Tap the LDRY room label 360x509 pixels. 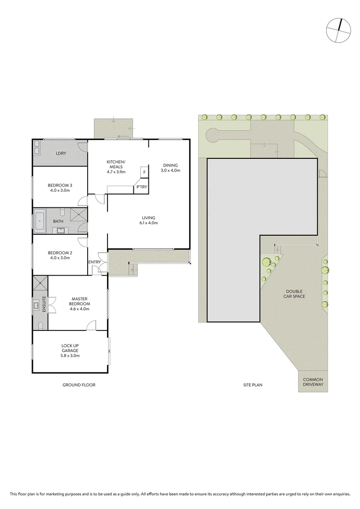pos(60,153)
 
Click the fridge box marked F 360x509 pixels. pos(145,172)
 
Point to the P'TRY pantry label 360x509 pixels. pos(141,187)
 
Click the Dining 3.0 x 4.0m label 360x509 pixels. pos(170,168)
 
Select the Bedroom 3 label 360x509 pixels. pos(60,188)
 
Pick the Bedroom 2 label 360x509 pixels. pos(60,255)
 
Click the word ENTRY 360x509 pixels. pos(95,262)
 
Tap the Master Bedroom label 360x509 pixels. pos(80,301)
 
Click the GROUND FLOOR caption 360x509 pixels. pos(79,385)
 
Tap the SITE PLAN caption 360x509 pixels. pos(253,385)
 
